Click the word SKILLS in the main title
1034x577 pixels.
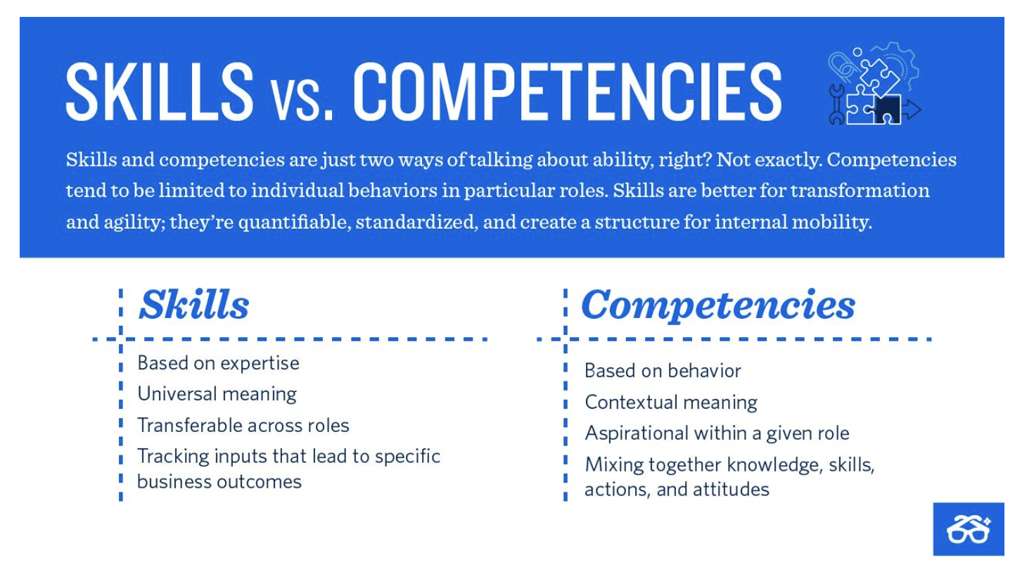(x=159, y=91)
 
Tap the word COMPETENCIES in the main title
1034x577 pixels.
(x=567, y=91)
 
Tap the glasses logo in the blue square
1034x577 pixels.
(x=968, y=529)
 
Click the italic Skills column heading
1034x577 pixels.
(x=194, y=305)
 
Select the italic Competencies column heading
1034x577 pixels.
(x=717, y=305)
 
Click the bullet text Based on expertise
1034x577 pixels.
(x=218, y=363)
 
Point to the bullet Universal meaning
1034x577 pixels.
(x=217, y=394)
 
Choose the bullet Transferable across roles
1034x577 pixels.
(x=243, y=425)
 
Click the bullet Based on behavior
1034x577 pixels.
(x=662, y=371)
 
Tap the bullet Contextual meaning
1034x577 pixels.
(x=670, y=402)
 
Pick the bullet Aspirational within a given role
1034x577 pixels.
(x=716, y=433)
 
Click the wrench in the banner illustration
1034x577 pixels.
(x=836, y=104)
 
